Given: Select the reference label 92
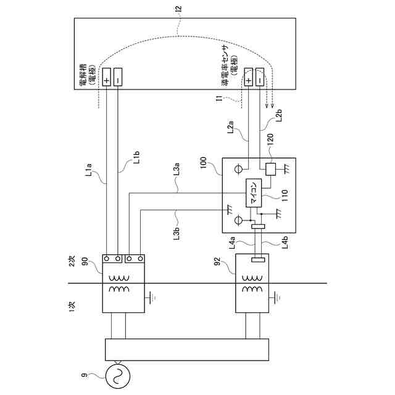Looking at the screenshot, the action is coord(217,261).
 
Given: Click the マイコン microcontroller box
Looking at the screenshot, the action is coord(254,193).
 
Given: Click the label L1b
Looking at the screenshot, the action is coord(136,157).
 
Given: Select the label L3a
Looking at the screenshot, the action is coord(177,169).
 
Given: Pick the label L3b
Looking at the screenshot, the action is coord(177,233).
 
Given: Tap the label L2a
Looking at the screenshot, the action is coord(231,127).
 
